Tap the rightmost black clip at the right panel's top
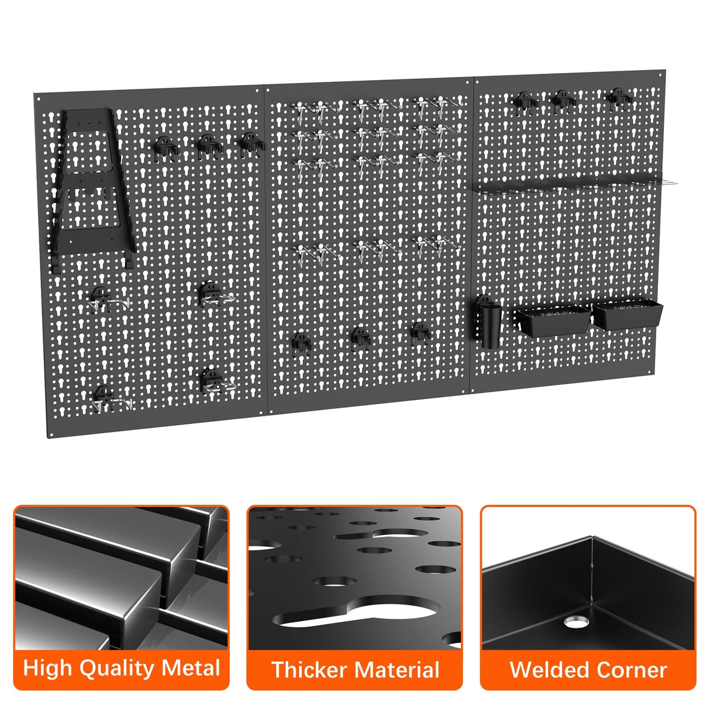coord(618,98)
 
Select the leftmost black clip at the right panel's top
coord(525,102)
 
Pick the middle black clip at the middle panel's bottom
coord(360,339)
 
